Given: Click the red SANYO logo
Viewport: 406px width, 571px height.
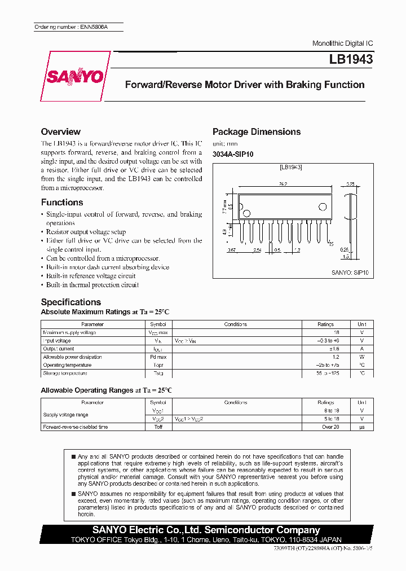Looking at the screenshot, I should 74,77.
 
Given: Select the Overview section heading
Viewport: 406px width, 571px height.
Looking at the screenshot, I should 61,131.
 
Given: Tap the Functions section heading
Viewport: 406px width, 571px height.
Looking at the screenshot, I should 62,202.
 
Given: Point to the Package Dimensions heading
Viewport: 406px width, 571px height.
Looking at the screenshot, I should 257,131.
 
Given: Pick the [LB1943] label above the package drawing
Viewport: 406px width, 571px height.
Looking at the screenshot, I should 290,168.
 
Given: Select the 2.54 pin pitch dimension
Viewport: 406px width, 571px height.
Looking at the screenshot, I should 257,249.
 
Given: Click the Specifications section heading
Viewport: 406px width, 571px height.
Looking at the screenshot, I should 71,302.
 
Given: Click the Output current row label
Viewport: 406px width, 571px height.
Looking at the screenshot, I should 59,349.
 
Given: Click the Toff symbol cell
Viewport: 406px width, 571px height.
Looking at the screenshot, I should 158,427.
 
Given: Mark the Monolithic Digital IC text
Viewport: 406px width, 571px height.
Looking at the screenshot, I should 342,43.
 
